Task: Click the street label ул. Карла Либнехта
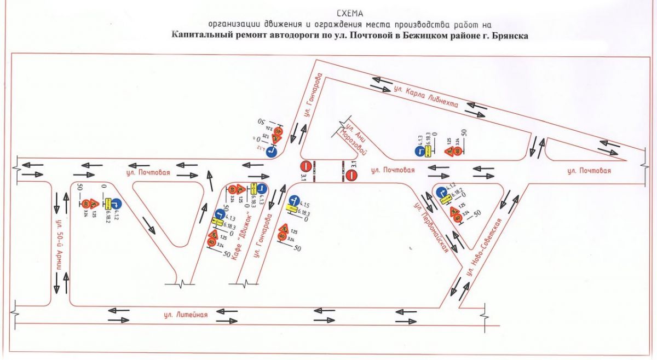click(425, 99)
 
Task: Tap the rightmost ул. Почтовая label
click(589, 171)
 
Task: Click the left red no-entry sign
click(306, 166)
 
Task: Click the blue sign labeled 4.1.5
click(293, 200)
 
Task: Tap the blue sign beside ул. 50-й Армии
click(116, 204)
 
